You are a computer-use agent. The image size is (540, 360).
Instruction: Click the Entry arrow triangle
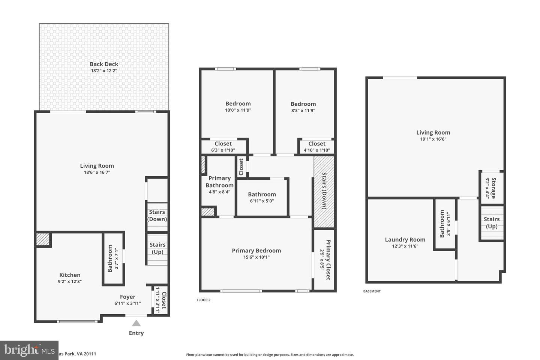pos(136,323)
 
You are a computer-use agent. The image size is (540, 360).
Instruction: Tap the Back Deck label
pos(104,64)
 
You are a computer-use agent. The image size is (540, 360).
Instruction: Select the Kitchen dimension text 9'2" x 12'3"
pos(70,281)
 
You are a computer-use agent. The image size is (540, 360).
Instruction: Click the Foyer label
pos(127,297)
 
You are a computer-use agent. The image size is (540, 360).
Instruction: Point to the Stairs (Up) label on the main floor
pos(157,248)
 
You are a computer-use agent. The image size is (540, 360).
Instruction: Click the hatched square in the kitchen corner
pos(43,240)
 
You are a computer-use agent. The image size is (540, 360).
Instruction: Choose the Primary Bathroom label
pos(219,181)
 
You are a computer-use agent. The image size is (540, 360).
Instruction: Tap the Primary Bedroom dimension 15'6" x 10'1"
pos(256,257)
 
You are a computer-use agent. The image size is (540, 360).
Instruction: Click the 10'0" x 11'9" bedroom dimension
pos(238,110)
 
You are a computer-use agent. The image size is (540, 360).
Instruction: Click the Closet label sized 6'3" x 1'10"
pos(223,144)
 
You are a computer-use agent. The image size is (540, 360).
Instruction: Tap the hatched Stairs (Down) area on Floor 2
pos(324,192)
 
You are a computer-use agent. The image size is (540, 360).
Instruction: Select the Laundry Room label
pos(405,240)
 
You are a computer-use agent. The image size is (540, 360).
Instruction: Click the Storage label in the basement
pos(493,188)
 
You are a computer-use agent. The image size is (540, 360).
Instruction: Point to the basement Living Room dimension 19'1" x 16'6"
pos(433,139)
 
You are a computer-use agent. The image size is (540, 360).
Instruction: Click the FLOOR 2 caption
pos(204,300)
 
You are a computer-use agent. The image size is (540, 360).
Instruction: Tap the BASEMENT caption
pos(372,291)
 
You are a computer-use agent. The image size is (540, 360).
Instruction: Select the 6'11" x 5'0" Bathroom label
pos(262,194)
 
